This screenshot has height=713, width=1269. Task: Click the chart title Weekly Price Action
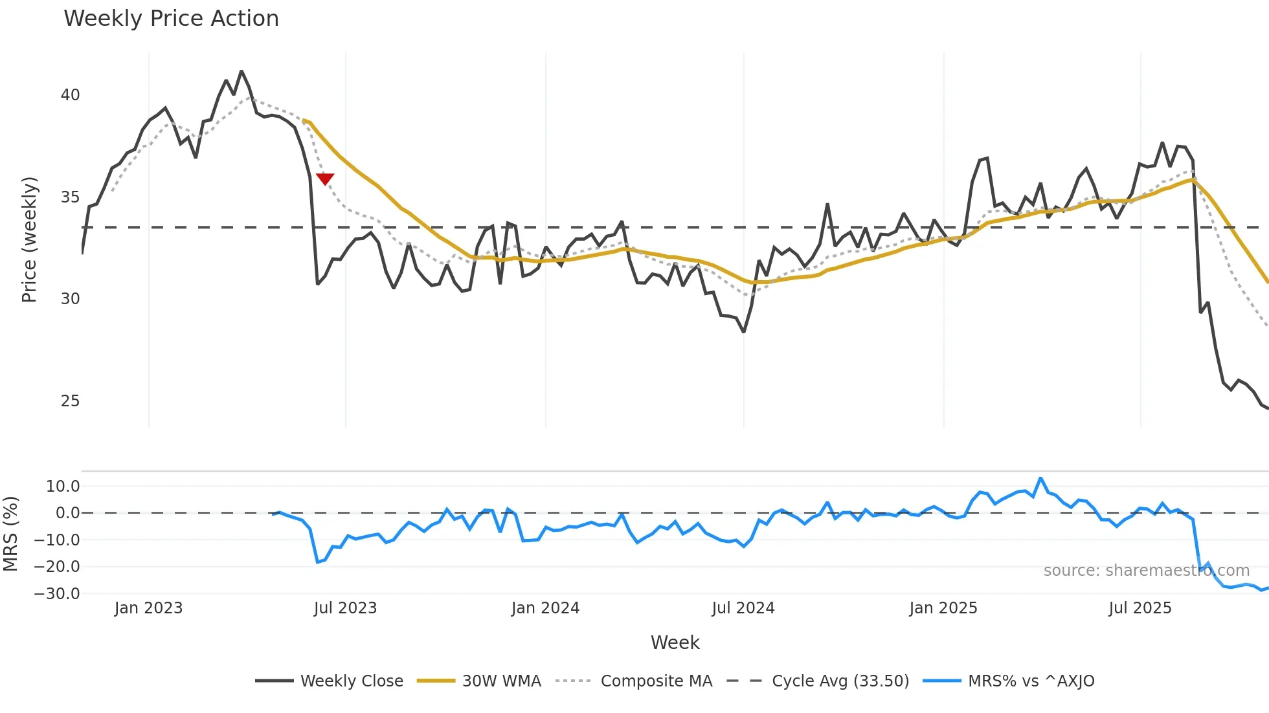pos(171,19)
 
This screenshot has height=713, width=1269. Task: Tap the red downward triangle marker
pos(325,179)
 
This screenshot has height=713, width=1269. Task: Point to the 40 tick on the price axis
pos(70,95)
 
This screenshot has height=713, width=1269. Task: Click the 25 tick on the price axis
pos(70,401)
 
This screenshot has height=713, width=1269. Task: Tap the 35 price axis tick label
pos(70,197)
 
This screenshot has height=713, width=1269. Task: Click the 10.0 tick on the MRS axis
pos(63,487)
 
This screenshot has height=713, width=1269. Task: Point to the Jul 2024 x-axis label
pos(743,608)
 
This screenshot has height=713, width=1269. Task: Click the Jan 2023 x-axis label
pos(148,608)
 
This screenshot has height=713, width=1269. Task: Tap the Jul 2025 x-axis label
pos(1140,608)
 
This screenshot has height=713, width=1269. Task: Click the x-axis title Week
pos(675,642)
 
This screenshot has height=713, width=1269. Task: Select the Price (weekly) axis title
pos(30,239)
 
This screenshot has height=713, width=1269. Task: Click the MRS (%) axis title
pos(10,534)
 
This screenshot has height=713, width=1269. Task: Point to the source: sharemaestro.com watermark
pos(1146,571)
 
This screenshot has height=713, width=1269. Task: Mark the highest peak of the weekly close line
pos(241,71)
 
